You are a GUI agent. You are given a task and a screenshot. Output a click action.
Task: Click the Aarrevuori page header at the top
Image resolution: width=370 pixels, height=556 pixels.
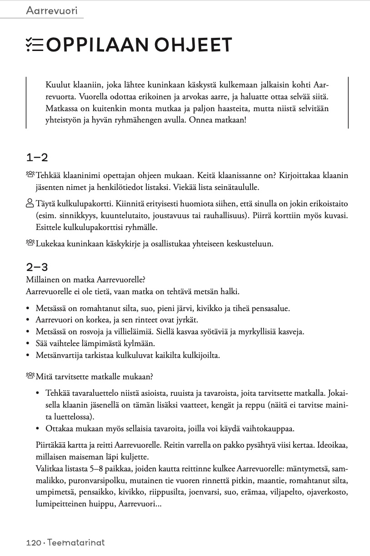pos(52,10)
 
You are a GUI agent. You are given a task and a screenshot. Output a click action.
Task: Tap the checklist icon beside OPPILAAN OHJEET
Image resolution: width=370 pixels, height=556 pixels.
pos(35,44)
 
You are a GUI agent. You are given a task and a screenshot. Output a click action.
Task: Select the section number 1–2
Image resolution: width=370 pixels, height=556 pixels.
pos(37,158)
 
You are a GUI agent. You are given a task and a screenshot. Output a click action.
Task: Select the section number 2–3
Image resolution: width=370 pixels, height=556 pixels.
pos(37,267)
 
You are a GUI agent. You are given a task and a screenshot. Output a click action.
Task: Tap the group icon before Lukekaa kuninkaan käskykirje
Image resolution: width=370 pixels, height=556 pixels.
pos(30,243)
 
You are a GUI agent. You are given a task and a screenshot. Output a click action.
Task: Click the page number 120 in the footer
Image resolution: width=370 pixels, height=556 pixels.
pos(34,542)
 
